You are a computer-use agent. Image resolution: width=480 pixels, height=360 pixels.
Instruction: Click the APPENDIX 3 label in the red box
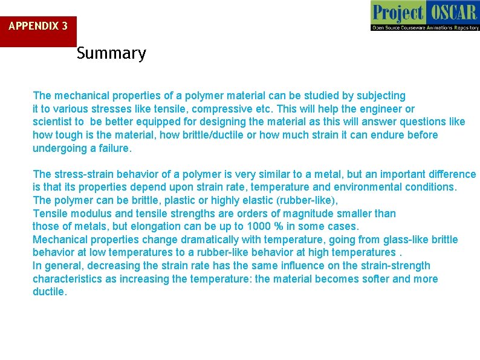point(37,26)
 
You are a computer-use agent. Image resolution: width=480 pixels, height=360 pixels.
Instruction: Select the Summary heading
point(111,53)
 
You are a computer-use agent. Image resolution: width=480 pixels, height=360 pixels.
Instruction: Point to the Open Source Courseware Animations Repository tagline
point(425,27)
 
